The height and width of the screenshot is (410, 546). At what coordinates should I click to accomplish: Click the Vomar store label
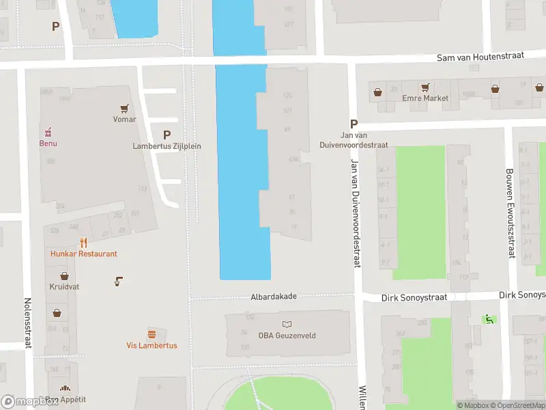point(124,120)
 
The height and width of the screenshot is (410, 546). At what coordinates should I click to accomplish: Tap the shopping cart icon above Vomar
point(124,108)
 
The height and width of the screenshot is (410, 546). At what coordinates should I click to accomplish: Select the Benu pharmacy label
point(48,143)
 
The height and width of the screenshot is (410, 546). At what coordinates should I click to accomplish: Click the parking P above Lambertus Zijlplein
point(167,135)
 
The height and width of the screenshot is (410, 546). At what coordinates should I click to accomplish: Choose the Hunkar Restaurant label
point(83,254)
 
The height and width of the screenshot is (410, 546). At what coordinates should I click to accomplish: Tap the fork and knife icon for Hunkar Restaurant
point(83,242)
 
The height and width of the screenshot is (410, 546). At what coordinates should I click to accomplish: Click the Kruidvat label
point(64,287)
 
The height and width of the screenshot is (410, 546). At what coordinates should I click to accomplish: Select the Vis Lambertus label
point(152,346)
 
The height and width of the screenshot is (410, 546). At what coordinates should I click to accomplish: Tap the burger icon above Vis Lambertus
point(152,334)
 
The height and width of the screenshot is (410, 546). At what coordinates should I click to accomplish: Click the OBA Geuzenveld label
point(286,335)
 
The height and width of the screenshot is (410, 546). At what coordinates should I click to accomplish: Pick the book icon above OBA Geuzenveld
point(286,323)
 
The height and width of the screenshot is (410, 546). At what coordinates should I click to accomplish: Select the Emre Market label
point(426,98)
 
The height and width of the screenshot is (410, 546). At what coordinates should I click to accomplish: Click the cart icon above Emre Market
point(425,87)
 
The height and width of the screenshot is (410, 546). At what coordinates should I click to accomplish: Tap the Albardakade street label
point(273,297)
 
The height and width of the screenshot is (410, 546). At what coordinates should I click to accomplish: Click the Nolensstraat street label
point(28,323)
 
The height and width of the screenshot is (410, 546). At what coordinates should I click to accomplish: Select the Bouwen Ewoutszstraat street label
point(509,213)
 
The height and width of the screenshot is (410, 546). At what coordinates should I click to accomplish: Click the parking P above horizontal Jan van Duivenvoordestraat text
point(354,124)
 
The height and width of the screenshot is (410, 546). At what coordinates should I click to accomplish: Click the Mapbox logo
point(29,402)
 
